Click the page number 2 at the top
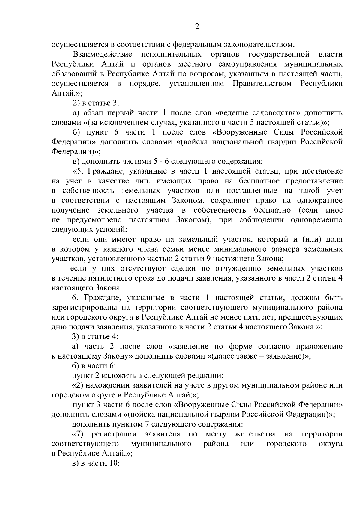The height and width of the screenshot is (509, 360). point(197,27)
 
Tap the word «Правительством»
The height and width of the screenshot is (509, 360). point(262,84)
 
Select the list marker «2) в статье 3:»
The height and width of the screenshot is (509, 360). point(96,103)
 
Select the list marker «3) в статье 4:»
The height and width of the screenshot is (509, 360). point(96,337)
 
